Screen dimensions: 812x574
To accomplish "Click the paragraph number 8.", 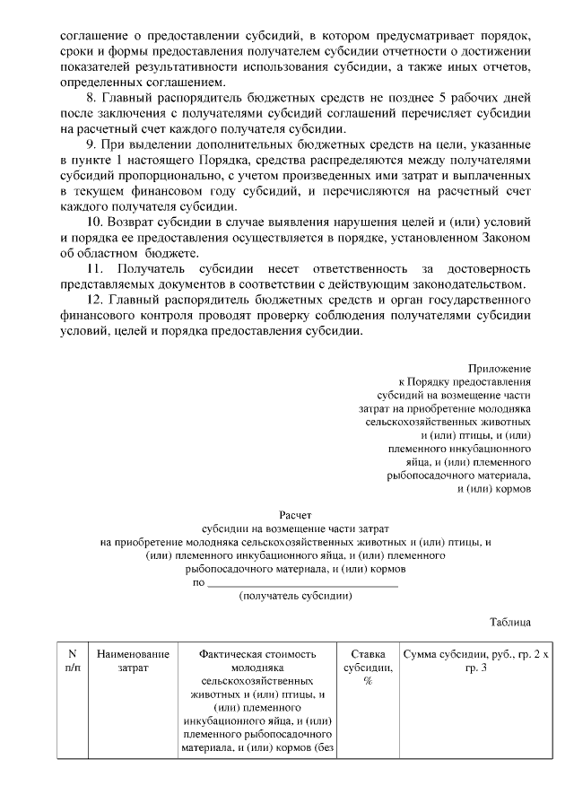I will click(90, 98).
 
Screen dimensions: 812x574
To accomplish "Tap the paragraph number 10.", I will click(93, 221).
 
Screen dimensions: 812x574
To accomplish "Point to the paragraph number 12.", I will click(93, 299).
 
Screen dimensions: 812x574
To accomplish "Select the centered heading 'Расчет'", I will click(295, 516).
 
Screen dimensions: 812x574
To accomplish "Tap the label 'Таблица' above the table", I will click(510, 622).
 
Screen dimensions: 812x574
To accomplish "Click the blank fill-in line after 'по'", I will click(302, 583).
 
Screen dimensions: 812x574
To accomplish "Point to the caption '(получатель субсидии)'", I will click(295, 596).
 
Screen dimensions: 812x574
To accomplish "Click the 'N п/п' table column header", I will click(73, 661).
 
